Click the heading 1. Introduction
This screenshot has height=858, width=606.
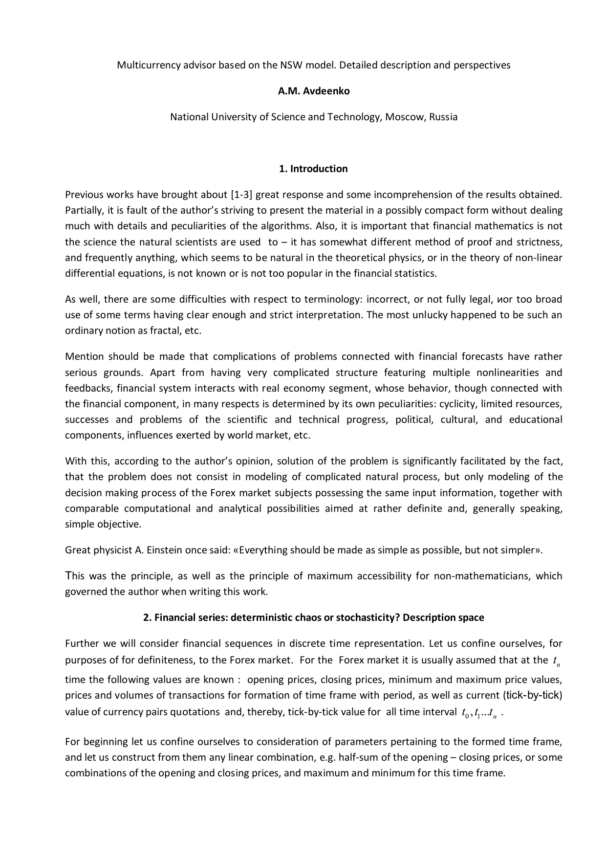pos(313,169)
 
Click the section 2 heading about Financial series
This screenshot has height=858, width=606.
pos(313,617)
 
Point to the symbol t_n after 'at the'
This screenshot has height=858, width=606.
pos(557,661)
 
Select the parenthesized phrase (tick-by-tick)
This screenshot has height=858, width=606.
pos(532,695)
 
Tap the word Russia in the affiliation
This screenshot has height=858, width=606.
pos(443,117)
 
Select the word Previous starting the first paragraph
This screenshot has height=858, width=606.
pos(85,195)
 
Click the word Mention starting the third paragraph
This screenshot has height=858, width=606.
pos(84,356)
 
